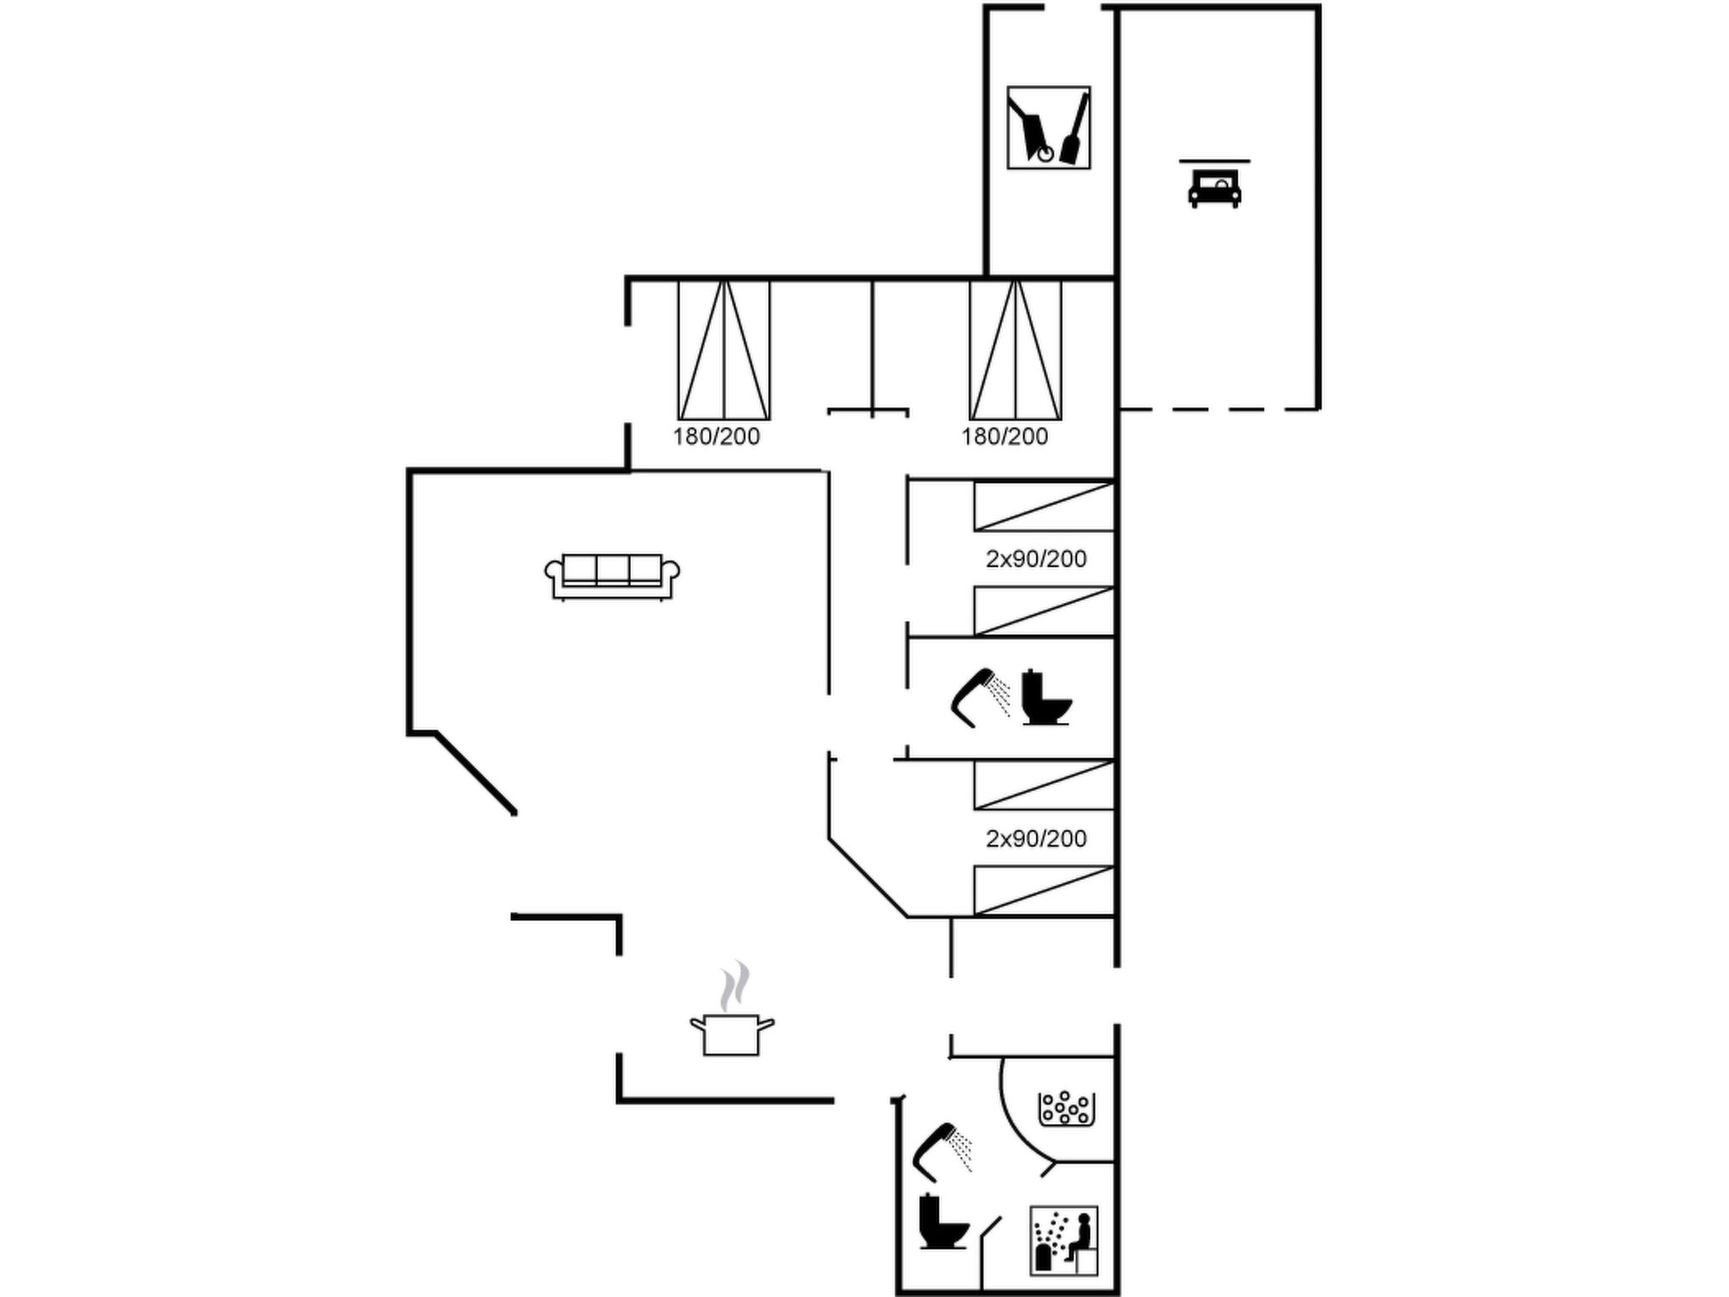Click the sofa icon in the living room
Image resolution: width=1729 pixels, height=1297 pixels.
[612, 577]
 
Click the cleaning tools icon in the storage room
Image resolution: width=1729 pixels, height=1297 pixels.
[1049, 128]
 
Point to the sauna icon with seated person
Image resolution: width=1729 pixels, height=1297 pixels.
[1064, 1240]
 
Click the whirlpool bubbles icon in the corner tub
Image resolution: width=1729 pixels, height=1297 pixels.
[1065, 1108]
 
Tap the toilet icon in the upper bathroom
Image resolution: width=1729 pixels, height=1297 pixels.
[1046, 697]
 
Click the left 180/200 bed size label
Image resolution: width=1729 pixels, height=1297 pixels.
[716, 437]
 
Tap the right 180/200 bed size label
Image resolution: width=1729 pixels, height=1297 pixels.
[1005, 437]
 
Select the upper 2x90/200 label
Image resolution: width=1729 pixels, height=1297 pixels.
[1036, 559]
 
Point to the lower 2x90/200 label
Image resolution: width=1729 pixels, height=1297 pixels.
[1036, 838]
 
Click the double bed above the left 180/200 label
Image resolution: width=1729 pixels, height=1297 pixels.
[724, 350]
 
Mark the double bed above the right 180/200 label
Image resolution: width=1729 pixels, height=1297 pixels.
[1016, 350]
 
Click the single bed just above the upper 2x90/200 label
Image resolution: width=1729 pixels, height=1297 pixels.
[1044, 507]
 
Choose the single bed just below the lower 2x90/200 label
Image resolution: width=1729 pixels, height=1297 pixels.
[1044, 891]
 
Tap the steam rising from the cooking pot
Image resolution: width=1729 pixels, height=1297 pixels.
[734, 985]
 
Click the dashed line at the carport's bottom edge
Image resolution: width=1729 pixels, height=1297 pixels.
[1218, 410]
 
